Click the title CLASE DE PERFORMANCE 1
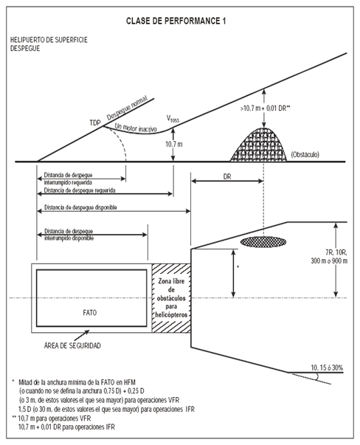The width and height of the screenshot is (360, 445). [176, 21]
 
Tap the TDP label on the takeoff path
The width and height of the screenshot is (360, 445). [95, 123]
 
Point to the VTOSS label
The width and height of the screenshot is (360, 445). [173, 119]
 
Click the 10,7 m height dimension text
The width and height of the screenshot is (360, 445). [174, 144]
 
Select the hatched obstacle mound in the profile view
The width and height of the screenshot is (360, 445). [258, 145]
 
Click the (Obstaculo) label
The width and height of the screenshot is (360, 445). [305, 155]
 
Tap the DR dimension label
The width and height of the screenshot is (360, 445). [227, 176]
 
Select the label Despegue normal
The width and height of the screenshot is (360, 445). [128, 108]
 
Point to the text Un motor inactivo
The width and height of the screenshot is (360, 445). [136, 128]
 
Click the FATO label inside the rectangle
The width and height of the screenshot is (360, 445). [90, 313]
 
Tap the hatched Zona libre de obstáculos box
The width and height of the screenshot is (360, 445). [171, 298]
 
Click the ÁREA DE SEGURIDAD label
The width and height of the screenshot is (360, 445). [72, 345]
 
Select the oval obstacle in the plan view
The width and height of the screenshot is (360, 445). [263, 242]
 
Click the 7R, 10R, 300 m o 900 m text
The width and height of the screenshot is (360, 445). [329, 257]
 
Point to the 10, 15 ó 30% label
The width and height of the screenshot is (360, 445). [327, 368]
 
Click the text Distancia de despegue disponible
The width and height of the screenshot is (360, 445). [80, 207]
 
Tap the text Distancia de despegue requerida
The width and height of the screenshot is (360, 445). [80, 190]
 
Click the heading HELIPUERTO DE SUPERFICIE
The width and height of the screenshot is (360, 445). [49, 40]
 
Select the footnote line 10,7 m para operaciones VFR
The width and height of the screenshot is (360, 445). [55, 418]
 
